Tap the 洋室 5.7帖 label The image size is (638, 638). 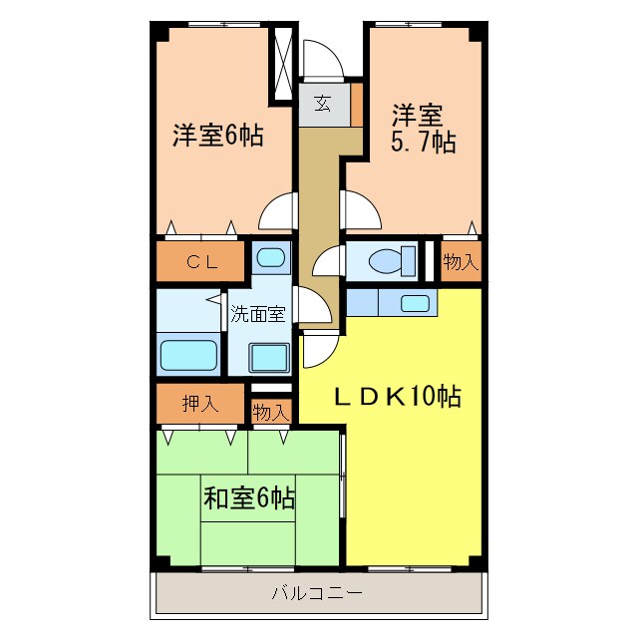tap(423, 129)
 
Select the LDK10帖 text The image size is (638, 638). tap(396, 397)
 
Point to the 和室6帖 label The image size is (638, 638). tap(248, 495)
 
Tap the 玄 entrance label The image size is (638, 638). tap(323, 102)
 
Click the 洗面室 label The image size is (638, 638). tap(258, 313)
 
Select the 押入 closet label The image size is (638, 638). tap(200, 404)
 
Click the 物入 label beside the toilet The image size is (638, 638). tap(460, 262)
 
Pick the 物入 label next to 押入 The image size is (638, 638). tap(269, 411)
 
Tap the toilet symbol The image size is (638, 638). tap(383, 261)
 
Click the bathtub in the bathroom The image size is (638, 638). tap(188, 354)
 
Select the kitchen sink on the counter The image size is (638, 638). tap(415, 303)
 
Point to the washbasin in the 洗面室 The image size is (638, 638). tap(268, 356)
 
